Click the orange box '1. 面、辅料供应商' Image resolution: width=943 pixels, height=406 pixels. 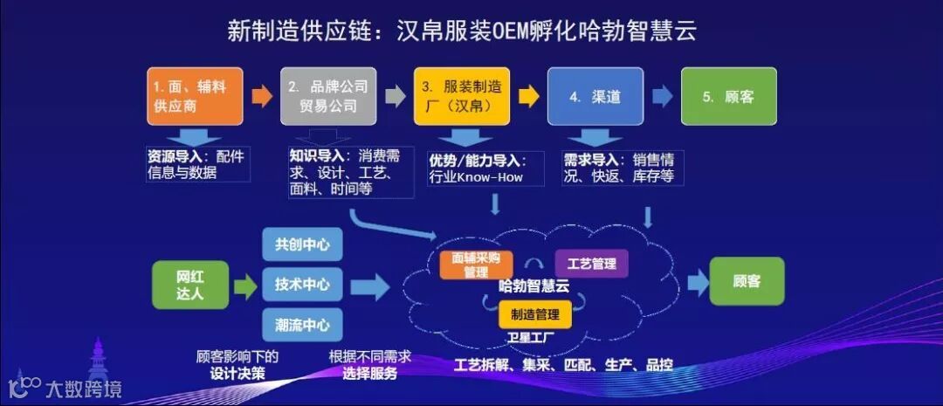[x=194, y=96]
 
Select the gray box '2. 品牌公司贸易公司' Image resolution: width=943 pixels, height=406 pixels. [x=328, y=96]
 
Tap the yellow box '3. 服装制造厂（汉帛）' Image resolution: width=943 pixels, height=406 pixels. [x=462, y=96]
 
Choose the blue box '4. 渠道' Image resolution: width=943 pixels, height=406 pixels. [x=595, y=96]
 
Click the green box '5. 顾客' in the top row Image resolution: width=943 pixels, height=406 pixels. [x=728, y=96]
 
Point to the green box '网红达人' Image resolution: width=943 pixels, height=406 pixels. [x=190, y=285]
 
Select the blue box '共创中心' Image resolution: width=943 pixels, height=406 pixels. [x=302, y=244]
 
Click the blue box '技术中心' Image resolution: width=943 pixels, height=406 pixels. [x=302, y=285]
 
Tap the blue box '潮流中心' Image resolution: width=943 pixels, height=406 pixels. [x=302, y=325]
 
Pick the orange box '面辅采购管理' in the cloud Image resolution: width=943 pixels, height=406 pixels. [x=476, y=265]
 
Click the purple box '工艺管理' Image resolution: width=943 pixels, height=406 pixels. [x=591, y=263]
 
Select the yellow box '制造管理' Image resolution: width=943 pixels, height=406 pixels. [x=534, y=314]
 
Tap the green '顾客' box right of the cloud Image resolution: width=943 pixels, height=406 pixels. [x=747, y=281]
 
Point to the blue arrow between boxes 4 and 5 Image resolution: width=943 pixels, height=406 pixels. [x=662, y=96]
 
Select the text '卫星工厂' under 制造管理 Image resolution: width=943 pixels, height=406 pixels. [x=531, y=337]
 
